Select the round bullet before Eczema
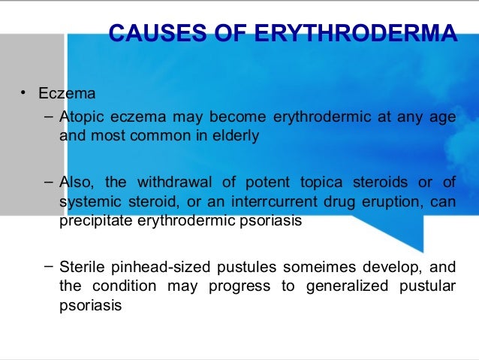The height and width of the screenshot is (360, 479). (x=23, y=93)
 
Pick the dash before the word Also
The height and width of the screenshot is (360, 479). (x=48, y=182)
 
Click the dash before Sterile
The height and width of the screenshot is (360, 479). (x=48, y=266)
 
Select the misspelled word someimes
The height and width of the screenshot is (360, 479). (x=308, y=268)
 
